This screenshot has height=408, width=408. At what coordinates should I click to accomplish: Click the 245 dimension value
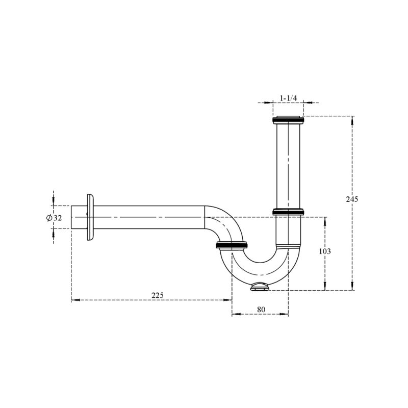coord(352,199)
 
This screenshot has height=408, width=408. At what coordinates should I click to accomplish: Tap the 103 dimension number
coord(325,251)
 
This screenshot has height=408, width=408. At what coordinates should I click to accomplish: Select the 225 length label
coord(158,295)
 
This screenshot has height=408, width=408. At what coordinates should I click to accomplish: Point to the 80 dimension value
coord(261,310)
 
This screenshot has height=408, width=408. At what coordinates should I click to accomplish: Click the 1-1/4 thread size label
coord(288,98)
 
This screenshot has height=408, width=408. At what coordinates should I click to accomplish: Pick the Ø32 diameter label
coord(54,218)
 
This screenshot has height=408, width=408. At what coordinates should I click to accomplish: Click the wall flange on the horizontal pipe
coord(90,217)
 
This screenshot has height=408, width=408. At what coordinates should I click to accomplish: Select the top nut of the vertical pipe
coord(288,120)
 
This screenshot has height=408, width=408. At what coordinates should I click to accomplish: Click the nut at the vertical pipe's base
coord(288,212)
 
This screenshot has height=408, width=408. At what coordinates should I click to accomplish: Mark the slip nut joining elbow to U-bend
coord(232,245)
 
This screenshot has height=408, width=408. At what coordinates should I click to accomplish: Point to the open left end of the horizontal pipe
coord(71,217)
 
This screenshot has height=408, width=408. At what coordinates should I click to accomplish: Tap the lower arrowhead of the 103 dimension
coord(325,286)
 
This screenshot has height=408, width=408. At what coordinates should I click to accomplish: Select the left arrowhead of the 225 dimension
coord(75,300)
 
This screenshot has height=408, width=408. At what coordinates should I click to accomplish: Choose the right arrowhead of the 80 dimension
coord(285,314)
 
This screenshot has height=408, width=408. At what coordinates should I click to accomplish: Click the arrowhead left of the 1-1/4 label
coord(269,103)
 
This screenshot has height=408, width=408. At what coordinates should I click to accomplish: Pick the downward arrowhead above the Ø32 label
coord(54,201)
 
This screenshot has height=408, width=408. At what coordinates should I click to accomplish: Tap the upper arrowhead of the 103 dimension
coord(325,221)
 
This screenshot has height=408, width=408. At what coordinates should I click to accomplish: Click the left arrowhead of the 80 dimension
coord(236,314)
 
